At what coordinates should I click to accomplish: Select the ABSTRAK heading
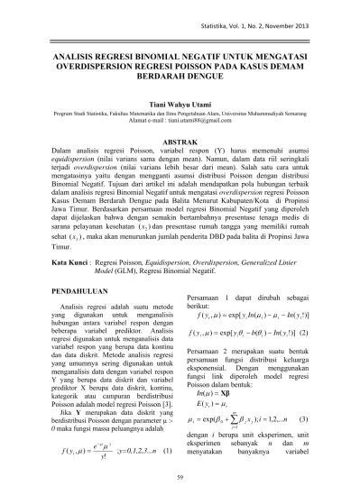[180, 169]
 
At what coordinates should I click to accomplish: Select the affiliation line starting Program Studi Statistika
[180, 139]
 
